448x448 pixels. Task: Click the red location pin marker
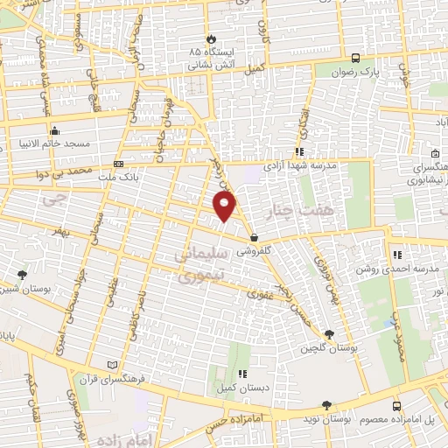pos(225,206)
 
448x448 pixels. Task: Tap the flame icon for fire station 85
pos(210,38)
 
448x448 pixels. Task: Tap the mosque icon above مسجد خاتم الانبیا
pos(55,129)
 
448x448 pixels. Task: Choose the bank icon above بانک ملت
pos(119,164)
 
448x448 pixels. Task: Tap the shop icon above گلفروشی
pos(254,236)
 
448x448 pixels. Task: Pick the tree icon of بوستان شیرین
pos(22,276)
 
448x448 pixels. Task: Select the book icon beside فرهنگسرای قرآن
pos(110,364)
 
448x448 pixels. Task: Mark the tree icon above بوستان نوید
pos(327,405)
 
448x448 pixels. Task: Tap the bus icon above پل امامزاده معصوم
pos(397,406)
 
